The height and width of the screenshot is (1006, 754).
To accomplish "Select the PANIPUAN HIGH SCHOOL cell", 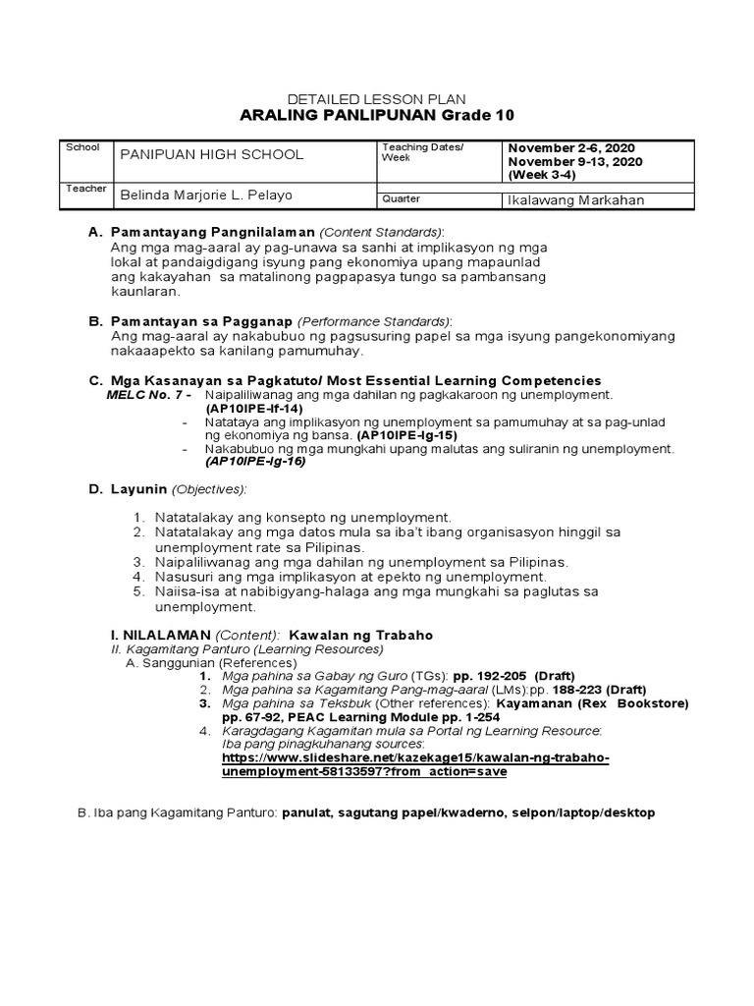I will (211, 154).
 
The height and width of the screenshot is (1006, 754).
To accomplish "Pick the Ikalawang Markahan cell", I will (575, 199).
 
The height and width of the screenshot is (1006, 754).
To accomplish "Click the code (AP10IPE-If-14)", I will (253, 408).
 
